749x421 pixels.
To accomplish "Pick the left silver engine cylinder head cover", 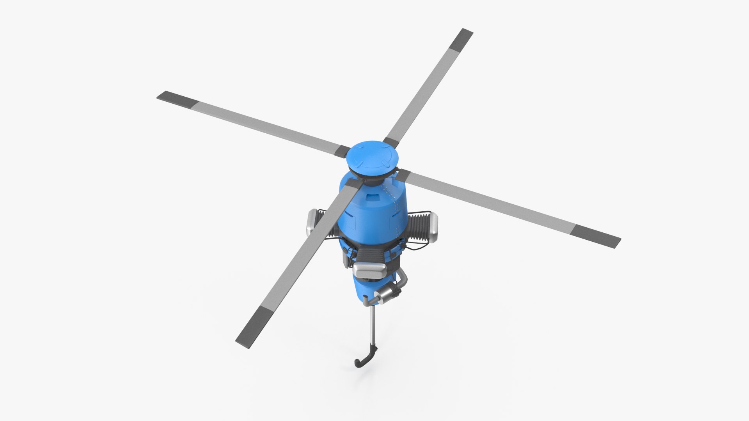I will click(312, 222).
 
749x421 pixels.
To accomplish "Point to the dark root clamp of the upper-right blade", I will click(390, 142).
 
